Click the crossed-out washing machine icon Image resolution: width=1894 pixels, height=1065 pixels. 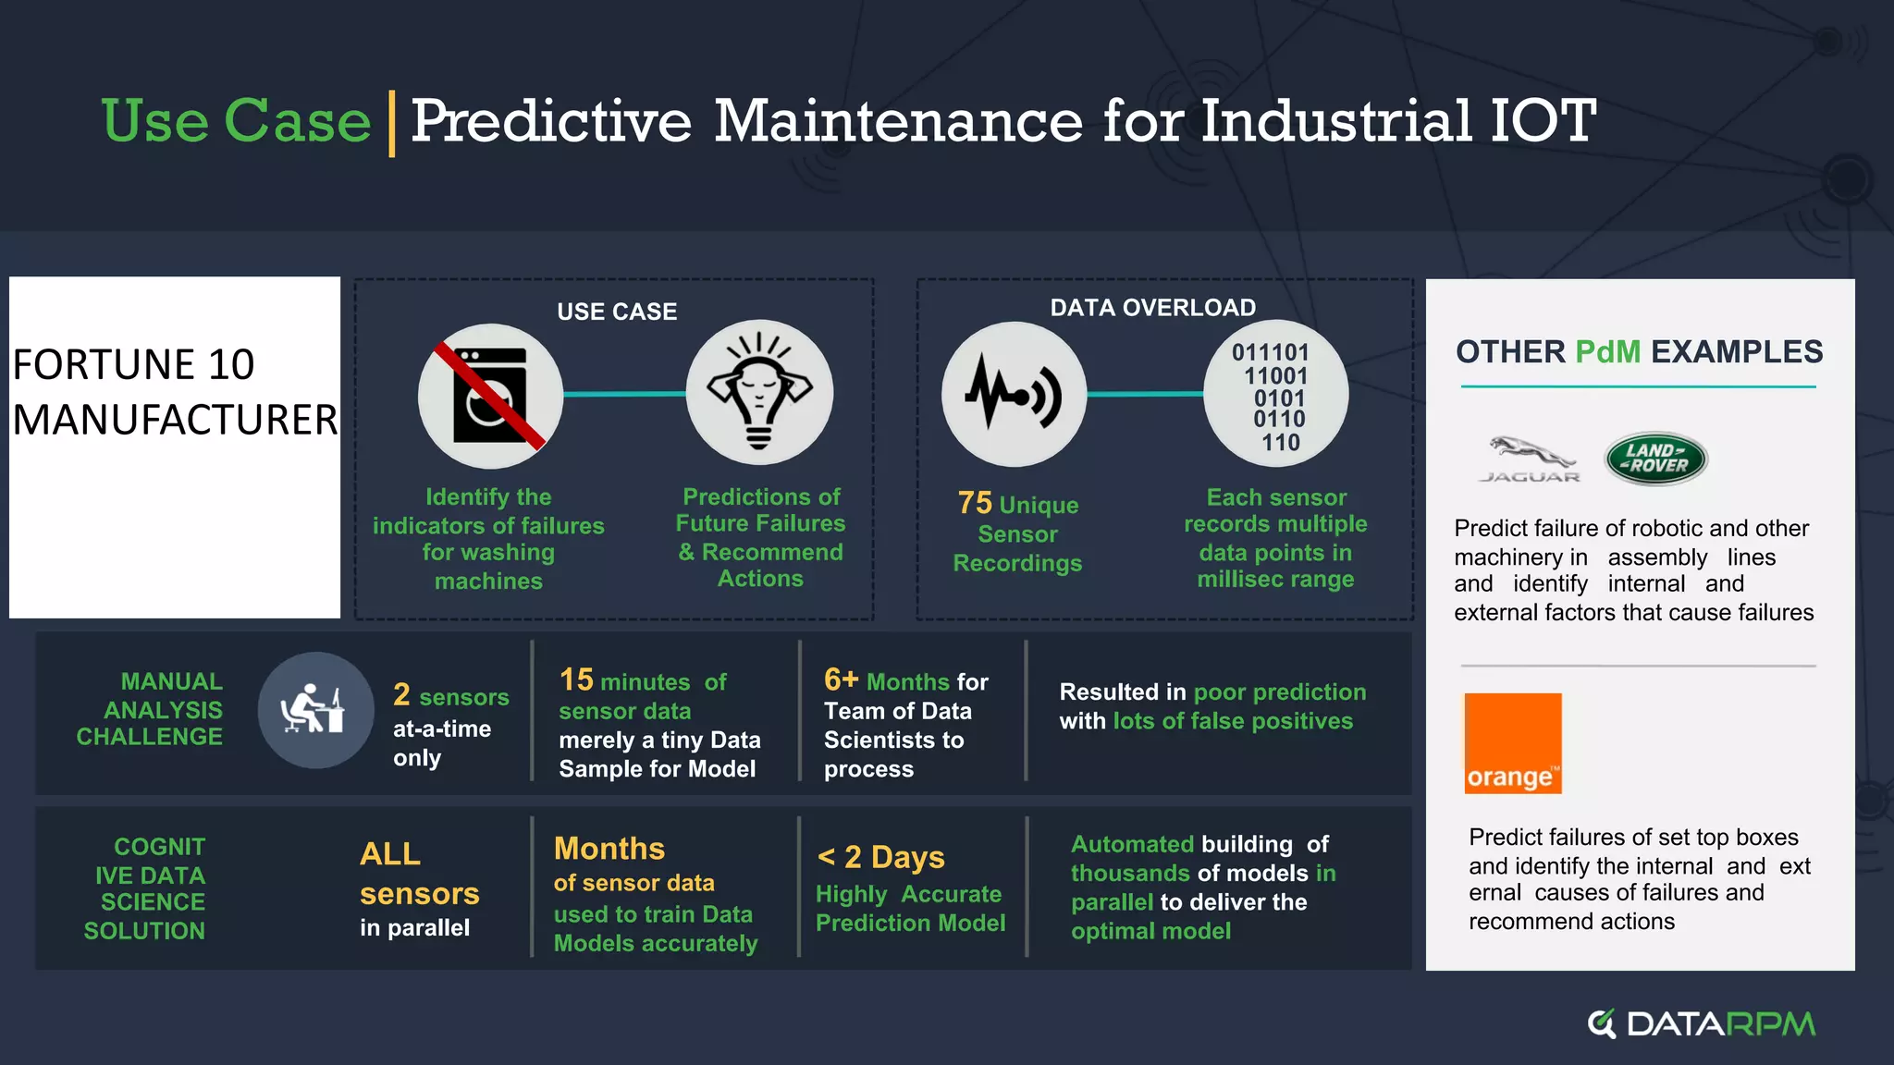[490, 396]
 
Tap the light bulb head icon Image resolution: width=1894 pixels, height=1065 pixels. [759, 393]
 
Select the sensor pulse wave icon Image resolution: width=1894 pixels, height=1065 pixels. [1014, 395]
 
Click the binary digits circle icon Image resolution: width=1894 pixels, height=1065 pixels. [1275, 396]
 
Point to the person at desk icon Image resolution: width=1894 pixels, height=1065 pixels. [314, 710]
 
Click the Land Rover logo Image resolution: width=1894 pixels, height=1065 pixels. [1655, 459]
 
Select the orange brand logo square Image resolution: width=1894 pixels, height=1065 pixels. [1513, 743]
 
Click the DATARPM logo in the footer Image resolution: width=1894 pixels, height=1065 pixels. [1702, 1023]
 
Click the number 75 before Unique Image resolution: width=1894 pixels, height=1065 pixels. [975, 504]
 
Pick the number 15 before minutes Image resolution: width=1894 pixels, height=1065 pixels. [576, 680]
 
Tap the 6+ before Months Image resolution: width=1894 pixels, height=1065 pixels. [841, 680]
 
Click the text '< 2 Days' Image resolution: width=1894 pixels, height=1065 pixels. [880, 857]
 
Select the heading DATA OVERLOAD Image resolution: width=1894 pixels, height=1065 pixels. [1152, 308]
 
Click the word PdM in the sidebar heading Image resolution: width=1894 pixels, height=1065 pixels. [1607, 352]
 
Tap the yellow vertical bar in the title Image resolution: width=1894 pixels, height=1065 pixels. [391, 124]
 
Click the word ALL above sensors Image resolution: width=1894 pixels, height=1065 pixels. [389, 853]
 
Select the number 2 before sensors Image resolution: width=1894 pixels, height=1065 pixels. [401, 695]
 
